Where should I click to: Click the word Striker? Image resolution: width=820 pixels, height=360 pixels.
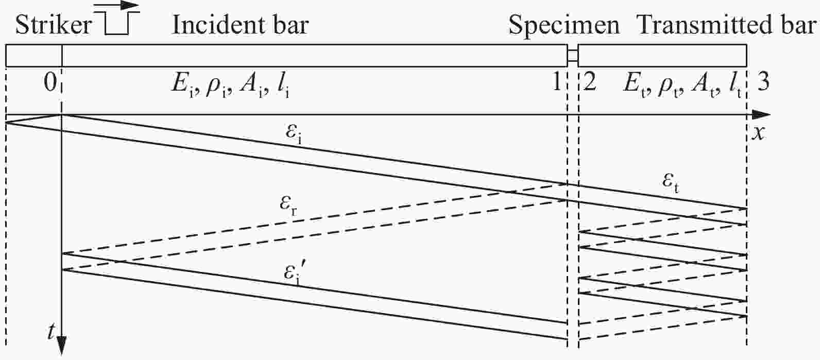click(x=54, y=26)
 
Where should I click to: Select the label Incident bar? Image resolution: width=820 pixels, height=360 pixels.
click(x=241, y=26)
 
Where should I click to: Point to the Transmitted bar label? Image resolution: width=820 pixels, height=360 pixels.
click(x=727, y=26)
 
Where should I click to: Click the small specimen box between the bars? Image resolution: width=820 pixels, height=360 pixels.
click(x=573, y=56)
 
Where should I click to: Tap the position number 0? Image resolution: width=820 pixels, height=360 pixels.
click(x=50, y=83)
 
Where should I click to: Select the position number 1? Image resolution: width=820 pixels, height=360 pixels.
click(x=556, y=82)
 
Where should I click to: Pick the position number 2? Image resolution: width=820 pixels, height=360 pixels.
click(x=590, y=82)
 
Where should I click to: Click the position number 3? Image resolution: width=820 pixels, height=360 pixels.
click(x=763, y=82)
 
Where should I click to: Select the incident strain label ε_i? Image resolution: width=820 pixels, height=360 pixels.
click(x=294, y=133)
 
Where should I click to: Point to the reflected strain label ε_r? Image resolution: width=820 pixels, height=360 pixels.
click(x=288, y=205)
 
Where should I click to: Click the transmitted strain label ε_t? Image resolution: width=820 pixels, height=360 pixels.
click(x=671, y=183)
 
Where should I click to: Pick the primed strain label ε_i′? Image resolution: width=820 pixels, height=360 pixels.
click(x=295, y=275)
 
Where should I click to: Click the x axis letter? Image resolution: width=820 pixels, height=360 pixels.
click(x=759, y=133)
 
